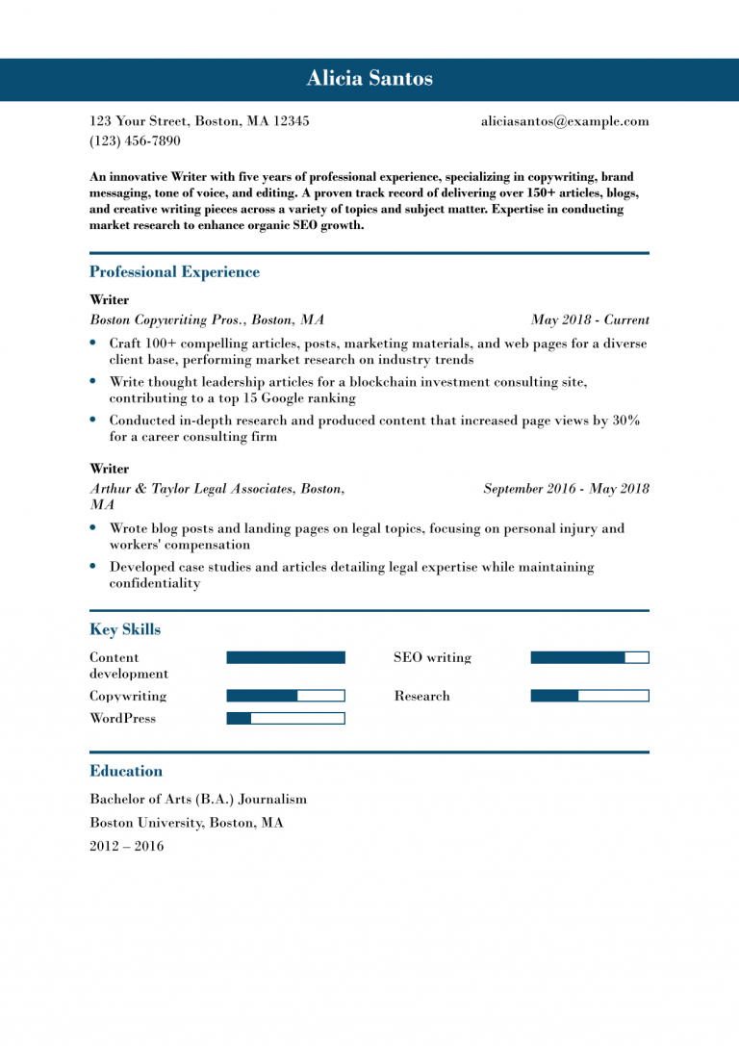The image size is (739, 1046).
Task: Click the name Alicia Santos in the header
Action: (x=369, y=79)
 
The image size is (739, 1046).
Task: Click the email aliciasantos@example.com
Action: (x=565, y=121)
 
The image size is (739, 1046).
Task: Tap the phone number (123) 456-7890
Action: (x=135, y=140)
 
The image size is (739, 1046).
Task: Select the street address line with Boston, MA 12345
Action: (x=199, y=121)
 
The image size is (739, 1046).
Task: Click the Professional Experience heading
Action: (x=174, y=272)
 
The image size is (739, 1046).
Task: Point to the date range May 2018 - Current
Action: (x=590, y=320)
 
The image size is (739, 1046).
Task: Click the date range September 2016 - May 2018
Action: (x=566, y=489)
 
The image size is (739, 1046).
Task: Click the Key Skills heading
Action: (x=125, y=630)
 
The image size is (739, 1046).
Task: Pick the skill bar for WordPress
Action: (x=285, y=718)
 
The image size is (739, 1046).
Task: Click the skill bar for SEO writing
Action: (x=590, y=658)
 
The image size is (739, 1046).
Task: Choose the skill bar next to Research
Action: (x=590, y=696)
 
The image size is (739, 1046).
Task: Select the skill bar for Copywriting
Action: (x=285, y=696)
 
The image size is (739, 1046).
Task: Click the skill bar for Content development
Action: (x=285, y=658)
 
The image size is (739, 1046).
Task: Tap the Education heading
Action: (x=126, y=771)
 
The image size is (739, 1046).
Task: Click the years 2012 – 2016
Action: (x=127, y=847)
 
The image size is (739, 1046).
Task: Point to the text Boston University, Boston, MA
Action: (x=187, y=823)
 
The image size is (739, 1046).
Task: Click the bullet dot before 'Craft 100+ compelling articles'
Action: (x=93, y=343)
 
